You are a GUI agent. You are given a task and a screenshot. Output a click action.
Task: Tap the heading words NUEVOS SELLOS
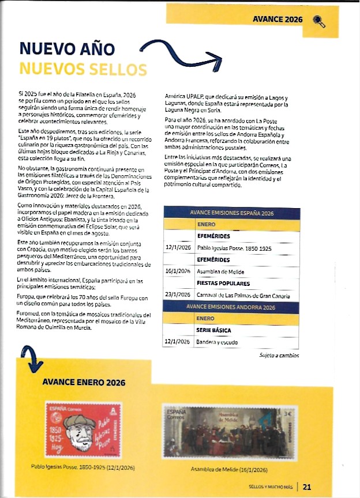click(83, 69)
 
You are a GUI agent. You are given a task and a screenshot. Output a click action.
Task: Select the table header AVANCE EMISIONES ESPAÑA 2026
click(231, 213)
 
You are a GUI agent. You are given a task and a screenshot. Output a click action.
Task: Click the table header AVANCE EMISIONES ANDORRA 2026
click(231, 307)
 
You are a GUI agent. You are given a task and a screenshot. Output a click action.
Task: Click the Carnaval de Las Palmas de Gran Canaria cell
click(243, 295)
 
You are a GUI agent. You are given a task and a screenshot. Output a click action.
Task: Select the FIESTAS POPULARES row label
click(223, 283)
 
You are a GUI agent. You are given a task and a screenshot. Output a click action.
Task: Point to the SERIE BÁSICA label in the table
click(214, 330)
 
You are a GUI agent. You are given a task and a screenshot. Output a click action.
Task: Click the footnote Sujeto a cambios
click(279, 356)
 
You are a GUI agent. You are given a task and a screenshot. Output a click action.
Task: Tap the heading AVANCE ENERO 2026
click(84, 382)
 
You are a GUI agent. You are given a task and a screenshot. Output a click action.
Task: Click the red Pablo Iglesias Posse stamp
click(83, 430)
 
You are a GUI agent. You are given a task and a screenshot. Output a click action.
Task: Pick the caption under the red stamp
click(84, 466)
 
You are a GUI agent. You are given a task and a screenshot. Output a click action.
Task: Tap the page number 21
click(307, 486)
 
